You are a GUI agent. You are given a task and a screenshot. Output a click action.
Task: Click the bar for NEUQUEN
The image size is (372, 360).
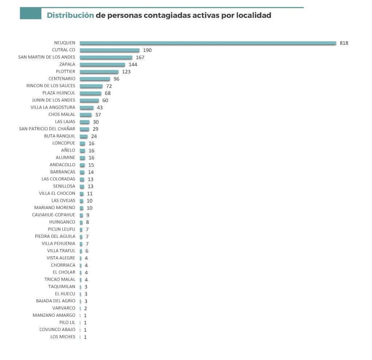[x=208, y=43]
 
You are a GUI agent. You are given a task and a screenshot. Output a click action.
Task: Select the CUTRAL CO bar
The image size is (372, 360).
[x=109, y=50]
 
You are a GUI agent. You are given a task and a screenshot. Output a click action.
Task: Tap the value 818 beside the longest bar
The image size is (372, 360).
[x=344, y=43]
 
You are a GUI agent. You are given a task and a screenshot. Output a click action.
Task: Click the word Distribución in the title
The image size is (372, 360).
[x=70, y=16]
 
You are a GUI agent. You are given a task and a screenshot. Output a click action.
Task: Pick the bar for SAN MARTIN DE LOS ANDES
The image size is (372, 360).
[x=106, y=57]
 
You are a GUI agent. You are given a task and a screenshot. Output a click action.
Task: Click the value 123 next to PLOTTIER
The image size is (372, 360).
[x=126, y=72]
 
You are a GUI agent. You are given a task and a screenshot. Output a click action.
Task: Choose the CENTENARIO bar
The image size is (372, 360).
[x=95, y=79]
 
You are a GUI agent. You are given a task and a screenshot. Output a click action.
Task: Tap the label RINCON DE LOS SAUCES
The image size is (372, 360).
[x=51, y=86]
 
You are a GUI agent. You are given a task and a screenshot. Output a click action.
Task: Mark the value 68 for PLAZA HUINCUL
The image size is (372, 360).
[x=108, y=93]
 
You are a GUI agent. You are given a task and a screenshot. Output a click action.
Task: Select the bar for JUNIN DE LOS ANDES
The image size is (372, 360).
[x=89, y=100]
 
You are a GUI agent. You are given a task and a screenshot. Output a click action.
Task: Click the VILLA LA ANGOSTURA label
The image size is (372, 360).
[x=53, y=107]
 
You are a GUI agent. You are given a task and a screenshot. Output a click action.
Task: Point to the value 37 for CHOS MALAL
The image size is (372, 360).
[x=98, y=115]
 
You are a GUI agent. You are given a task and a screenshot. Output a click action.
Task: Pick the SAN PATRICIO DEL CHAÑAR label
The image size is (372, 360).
[x=47, y=129]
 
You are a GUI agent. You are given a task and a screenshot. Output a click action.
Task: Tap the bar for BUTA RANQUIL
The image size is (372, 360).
[x=84, y=136]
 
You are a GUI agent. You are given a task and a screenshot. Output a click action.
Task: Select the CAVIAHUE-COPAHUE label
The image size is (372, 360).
[x=54, y=215]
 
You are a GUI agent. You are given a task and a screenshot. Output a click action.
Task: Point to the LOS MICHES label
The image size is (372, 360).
[x=63, y=337]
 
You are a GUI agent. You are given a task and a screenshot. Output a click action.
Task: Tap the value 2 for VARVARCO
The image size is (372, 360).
[x=85, y=308]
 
